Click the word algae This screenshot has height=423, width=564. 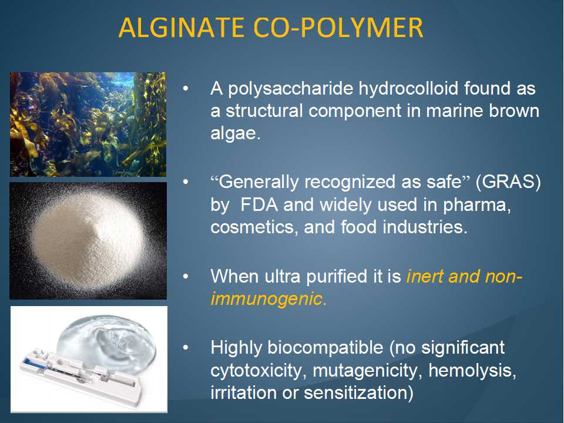[235, 133]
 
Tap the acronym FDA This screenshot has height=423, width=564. [259, 204]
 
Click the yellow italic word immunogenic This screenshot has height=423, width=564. [268, 299]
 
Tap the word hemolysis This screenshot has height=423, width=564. [472, 371]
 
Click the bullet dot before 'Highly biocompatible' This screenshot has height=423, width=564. [186, 348]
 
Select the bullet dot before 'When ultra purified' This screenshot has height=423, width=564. [186, 277]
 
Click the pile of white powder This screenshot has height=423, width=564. [88, 239]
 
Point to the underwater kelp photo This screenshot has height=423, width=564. [88, 124]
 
